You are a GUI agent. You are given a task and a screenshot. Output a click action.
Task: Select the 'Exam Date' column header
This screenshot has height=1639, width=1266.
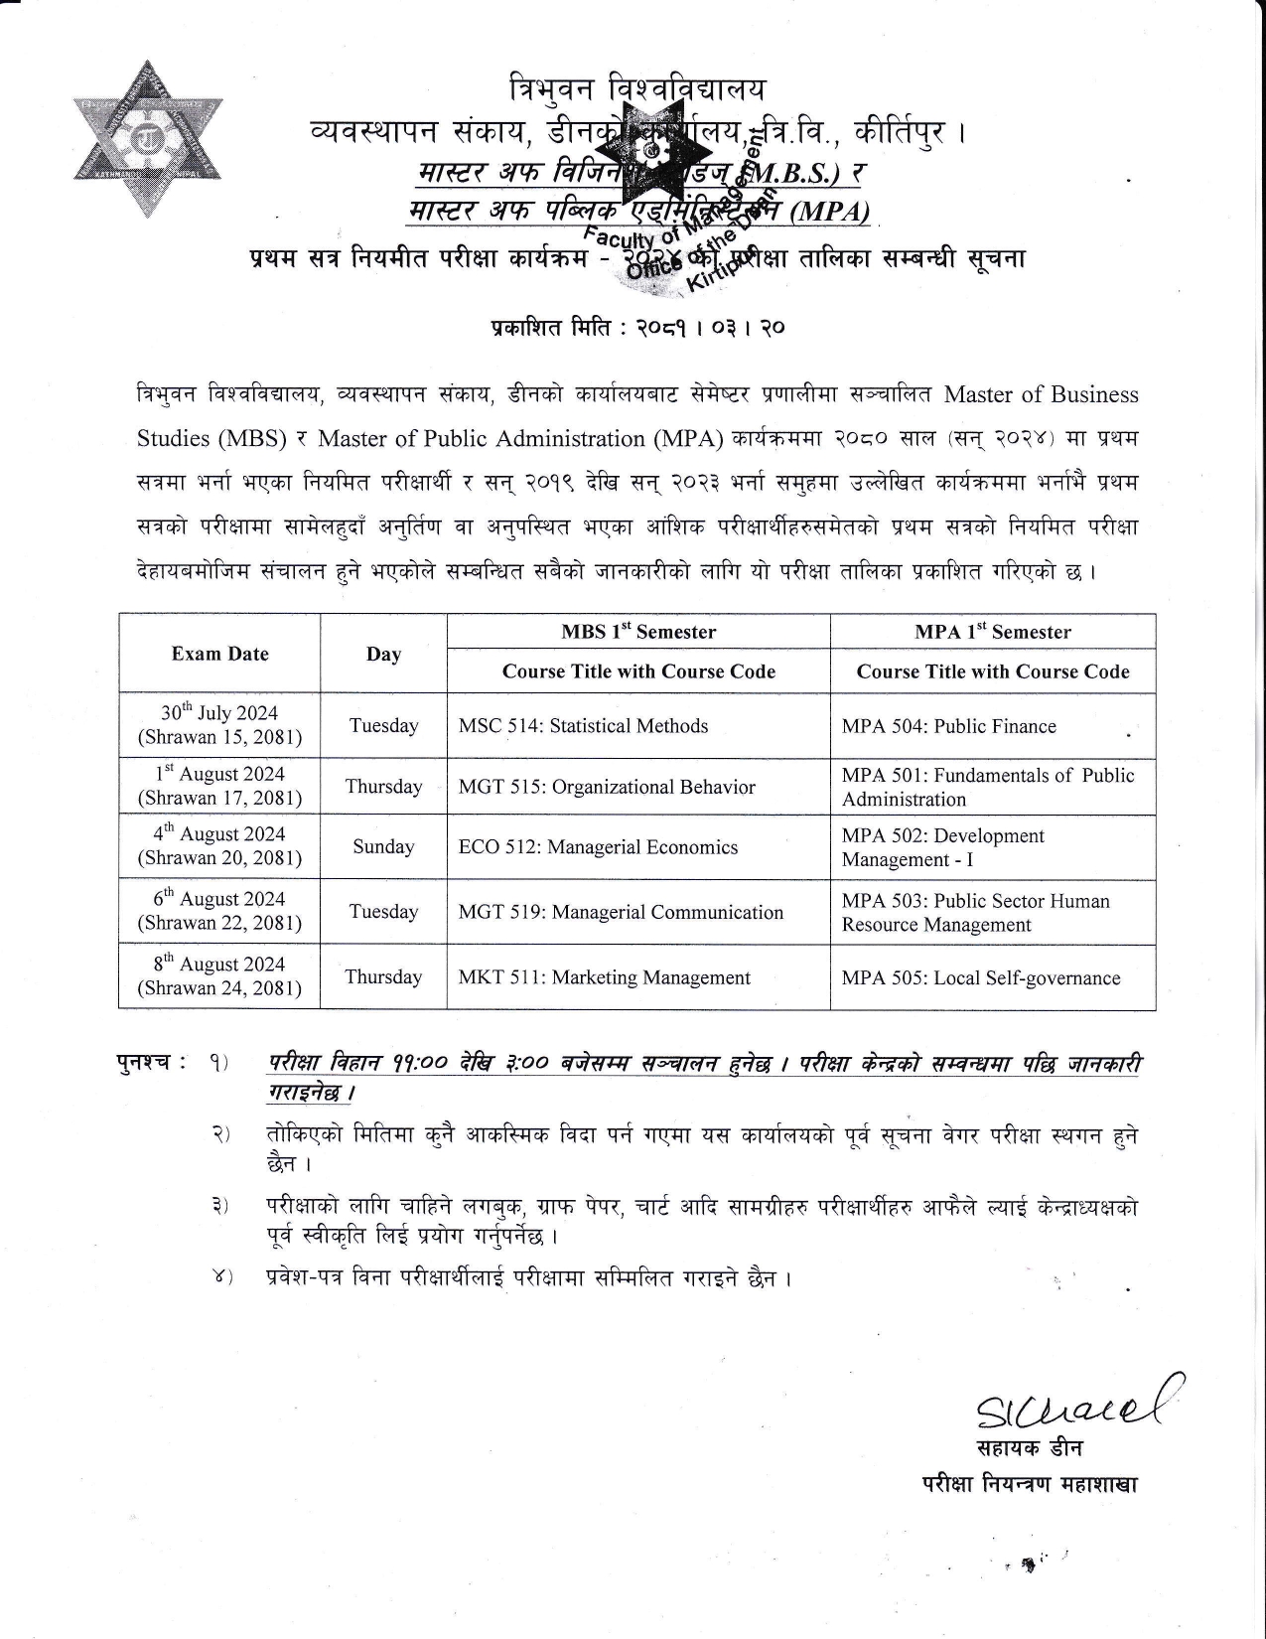[x=219, y=654]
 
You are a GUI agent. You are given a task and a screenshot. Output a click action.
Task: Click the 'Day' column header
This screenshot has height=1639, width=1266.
[x=383, y=654]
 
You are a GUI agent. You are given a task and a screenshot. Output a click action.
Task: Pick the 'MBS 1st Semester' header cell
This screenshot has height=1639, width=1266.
[x=638, y=632]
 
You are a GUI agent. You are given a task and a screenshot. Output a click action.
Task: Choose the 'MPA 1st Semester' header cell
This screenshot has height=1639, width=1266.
[x=993, y=632]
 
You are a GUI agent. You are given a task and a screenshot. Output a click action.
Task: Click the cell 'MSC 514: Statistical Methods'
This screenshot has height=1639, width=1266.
[x=583, y=726]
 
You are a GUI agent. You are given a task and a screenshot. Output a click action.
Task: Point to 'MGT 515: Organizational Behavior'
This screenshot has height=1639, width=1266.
[x=607, y=787]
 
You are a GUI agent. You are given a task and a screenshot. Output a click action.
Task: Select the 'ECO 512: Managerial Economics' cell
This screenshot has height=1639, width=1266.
[x=598, y=847]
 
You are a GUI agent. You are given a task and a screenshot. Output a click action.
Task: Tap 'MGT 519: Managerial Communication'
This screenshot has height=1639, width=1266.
[x=621, y=912]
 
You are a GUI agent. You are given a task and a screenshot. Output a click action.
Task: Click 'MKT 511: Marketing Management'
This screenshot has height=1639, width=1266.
[x=604, y=977]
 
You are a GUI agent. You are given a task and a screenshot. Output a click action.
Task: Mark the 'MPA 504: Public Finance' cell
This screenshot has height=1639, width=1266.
[x=948, y=726]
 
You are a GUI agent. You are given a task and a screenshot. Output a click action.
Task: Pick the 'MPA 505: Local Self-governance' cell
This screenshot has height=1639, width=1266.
[x=981, y=977]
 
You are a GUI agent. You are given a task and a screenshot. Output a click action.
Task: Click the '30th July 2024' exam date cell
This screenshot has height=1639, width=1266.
[x=219, y=725]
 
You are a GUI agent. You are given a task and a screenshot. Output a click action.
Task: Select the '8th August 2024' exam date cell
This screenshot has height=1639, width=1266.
[x=219, y=975]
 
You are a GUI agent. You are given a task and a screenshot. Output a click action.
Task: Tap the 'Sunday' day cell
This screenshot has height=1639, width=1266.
[x=383, y=847]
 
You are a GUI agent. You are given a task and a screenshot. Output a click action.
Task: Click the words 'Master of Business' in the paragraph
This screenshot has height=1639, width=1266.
[x=1041, y=394]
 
